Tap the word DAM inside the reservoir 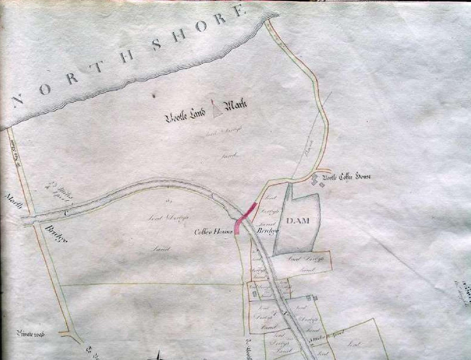pos(298,221)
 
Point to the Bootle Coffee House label pos(351,177)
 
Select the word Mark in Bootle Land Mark pos(236,108)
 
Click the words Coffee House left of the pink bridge pos(213,232)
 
